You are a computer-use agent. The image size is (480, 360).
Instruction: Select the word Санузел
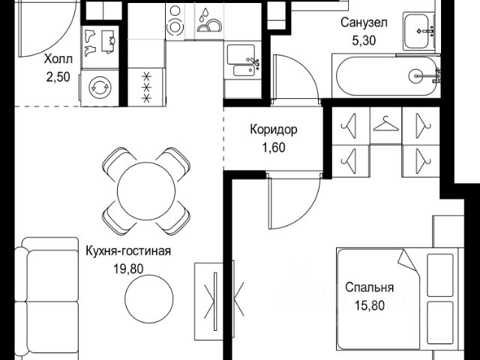364,22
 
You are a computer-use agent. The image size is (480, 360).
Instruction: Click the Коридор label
273,130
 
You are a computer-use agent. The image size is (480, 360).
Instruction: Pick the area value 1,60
273,147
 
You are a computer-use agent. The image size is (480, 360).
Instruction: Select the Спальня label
369,287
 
